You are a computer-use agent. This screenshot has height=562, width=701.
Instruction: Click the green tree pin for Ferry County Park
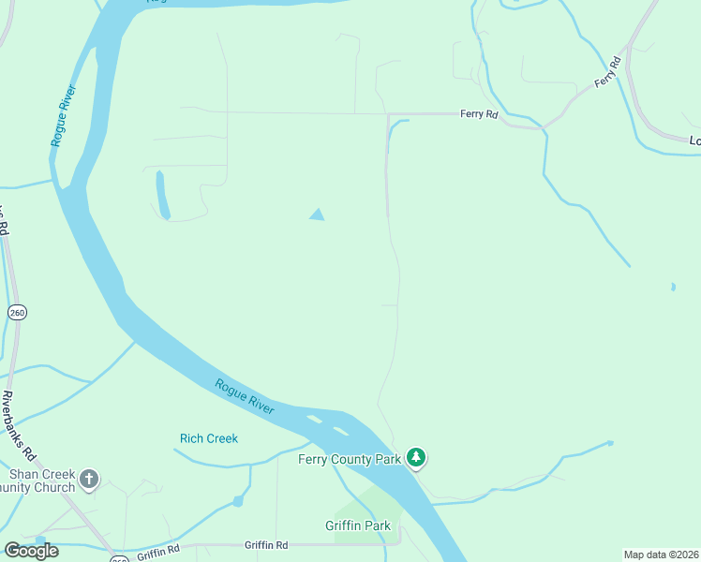(x=416, y=458)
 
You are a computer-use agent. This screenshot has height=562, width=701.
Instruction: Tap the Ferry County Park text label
(x=350, y=459)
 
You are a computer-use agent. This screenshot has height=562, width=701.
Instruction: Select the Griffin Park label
(x=358, y=525)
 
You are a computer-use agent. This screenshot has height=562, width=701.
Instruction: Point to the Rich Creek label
(x=209, y=438)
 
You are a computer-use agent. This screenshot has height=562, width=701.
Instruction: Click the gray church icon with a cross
(x=89, y=480)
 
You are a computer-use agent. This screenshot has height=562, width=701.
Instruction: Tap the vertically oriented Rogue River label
(x=64, y=115)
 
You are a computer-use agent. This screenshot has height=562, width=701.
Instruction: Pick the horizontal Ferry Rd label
(x=479, y=114)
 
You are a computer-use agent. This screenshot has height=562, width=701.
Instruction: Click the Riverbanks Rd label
(x=18, y=426)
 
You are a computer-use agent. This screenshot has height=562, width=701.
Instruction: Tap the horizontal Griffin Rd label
(x=266, y=544)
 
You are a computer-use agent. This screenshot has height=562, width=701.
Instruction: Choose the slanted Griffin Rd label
(x=157, y=555)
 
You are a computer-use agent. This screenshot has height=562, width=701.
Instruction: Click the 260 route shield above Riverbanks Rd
(x=16, y=312)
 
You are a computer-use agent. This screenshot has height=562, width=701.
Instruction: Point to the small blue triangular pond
(x=318, y=215)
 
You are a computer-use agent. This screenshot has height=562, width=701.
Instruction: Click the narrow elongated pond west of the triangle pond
(x=163, y=195)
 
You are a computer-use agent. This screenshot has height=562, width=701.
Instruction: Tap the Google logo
(x=31, y=551)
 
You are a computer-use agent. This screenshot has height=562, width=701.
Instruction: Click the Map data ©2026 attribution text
(x=662, y=555)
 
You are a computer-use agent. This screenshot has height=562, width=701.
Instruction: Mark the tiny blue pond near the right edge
(x=673, y=287)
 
